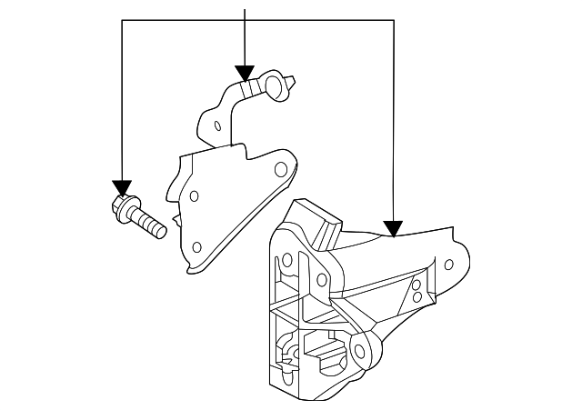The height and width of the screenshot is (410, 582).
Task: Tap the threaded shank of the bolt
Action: (151, 223)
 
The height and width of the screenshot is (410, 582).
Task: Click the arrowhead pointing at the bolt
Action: (121, 186)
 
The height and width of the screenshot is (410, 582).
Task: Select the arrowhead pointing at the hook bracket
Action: (244, 72)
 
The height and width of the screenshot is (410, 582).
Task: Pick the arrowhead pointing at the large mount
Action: (393, 226)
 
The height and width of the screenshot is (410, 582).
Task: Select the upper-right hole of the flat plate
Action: (281, 168)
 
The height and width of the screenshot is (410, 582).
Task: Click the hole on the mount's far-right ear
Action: (448, 265)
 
